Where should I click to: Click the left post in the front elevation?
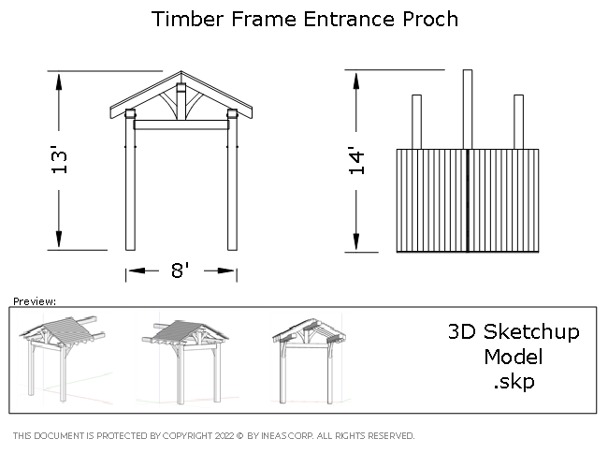(x=130, y=187)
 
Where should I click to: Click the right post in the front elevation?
(x=232, y=187)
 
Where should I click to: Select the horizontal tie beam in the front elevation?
(x=181, y=124)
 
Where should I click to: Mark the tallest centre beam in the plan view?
(x=467, y=108)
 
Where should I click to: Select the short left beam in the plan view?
(x=416, y=122)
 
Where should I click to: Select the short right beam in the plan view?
(x=518, y=122)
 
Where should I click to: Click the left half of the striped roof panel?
(x=431, y=200)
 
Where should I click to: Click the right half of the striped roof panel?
(x=503, y=200)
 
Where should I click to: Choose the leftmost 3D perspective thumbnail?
(x=65, y=358)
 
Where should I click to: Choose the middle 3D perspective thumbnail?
(x=187, y=359)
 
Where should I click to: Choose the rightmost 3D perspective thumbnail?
(x=311, y=359)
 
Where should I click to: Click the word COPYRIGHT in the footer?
(x=186, y=436)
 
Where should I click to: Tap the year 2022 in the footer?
(x=224, y=436)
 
